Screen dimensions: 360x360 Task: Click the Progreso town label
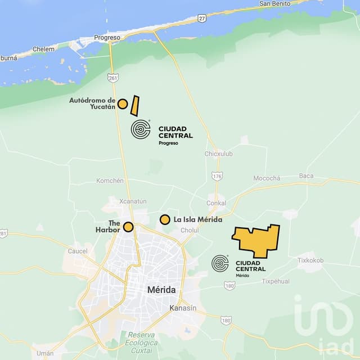pos(107,38)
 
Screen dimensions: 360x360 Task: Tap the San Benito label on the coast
pos(274,3)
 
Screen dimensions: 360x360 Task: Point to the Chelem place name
pos(44,49)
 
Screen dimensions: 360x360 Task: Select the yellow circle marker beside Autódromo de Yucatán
pos(122,103)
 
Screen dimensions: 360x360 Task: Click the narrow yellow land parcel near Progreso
pos(135,106)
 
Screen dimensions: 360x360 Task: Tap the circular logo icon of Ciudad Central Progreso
pos(141,129)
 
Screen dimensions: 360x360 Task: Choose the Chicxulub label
pos(218,154)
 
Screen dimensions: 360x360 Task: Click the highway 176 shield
pos(218,175)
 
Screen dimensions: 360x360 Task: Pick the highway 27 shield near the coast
pos(202,18)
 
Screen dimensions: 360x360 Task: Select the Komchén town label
pos(110,181)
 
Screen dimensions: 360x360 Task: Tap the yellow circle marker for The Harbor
pos(128,227)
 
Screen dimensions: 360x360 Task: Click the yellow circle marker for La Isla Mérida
pos(165,219)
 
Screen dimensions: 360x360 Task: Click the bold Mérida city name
pos(161,290)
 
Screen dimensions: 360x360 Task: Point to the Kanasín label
pos(183,308)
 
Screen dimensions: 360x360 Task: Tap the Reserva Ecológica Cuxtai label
pos(142,343)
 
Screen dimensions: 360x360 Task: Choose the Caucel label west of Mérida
pos(78,251)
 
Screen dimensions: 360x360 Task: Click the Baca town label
pos(306,175)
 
